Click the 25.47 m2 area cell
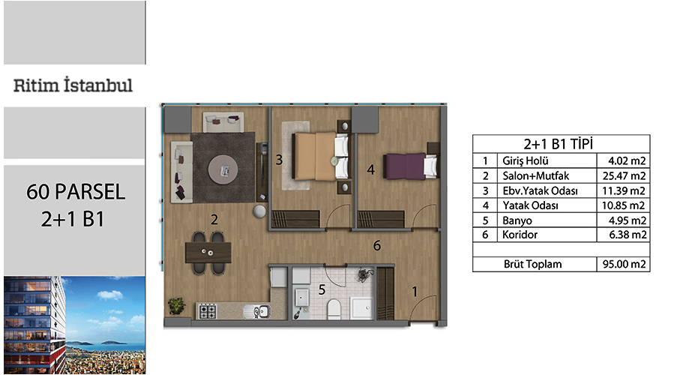(x=624, y=176)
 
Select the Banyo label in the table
(x=517, y=220)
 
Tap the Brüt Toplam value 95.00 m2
(x=625, y=264)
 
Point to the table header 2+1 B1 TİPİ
(x=559, y=144)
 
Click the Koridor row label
(x=520, y=235)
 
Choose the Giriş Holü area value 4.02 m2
(x=627, y=160)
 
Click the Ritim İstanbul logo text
(x=73, y=85)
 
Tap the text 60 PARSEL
(x=76, y=192)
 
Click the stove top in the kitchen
(x=208, y=311)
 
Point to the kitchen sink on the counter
(x=257, y=312)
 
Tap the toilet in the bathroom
(x=334, y=308)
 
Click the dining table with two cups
(x=208, y=253)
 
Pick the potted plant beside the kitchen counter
(x=177, y=305)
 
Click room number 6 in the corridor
(x=377, y=246)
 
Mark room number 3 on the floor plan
(x=279, y=160)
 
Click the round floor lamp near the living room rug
(x=259, y=211)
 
